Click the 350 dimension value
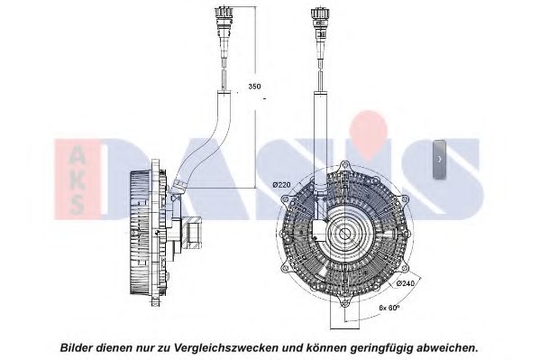(254, 87)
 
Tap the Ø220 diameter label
(281, 185)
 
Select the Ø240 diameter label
(406, 283)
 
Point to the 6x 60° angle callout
(389, 308)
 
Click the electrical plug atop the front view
(321, 22)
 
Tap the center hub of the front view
(344, 235)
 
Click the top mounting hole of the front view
(344, 167)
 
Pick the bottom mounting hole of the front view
(344, 302)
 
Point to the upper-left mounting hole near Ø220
(285, 200)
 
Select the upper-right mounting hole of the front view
(403, 200)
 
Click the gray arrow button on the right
(439, 159)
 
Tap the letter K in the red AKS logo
(76, 182)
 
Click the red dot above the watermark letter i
(368, 131)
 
